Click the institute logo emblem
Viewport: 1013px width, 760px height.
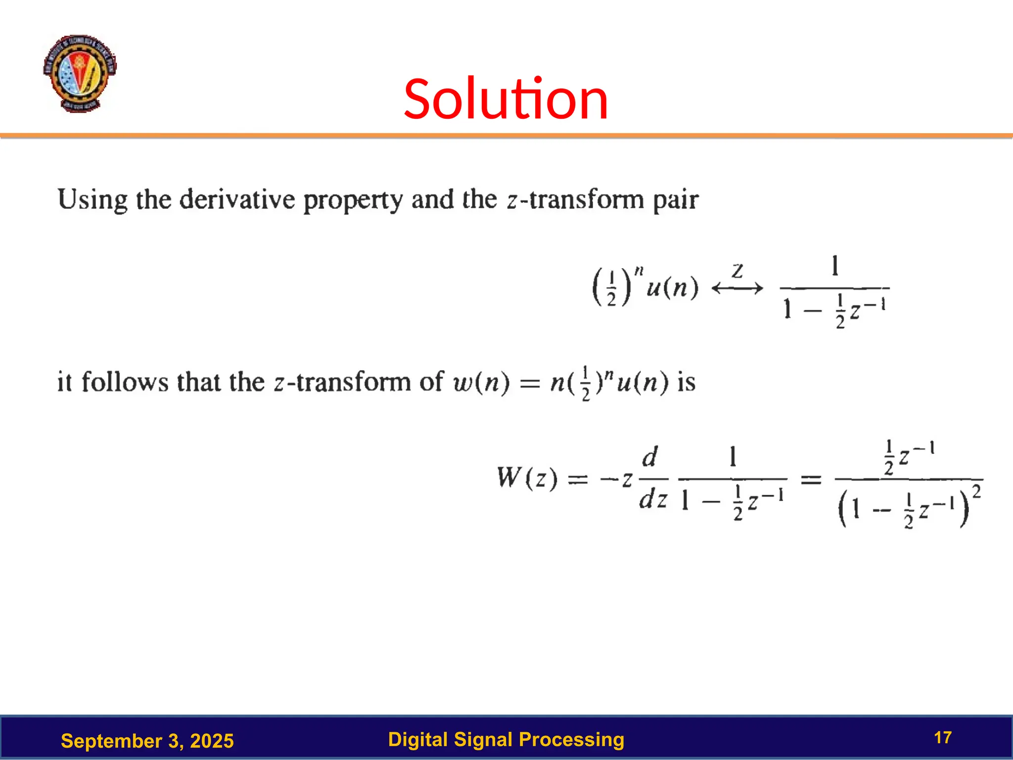tap(80, 73)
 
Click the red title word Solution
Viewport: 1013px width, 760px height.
tap(506, 99)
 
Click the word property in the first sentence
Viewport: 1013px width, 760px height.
tap(353, 201)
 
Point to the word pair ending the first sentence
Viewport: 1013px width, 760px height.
tap(675, 201)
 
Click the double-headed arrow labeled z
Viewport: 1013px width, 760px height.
tap(737, 287)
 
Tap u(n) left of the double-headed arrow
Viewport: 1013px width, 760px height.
tap(672, 287)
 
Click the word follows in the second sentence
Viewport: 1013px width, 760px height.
tap(125, 382)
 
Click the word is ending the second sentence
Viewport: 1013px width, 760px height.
tap(686, 382)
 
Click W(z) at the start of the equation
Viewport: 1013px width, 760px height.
tap(527, 478)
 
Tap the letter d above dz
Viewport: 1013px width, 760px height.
tap(650, 457)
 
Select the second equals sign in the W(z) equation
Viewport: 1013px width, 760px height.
tap(811, 479)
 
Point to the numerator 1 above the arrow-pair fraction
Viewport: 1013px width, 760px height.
tap(835, 266)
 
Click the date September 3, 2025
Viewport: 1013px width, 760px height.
tap(147, 741)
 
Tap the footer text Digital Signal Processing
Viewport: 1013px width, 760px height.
tap(506, 739)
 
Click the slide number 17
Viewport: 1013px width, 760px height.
tap(943, 738)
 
